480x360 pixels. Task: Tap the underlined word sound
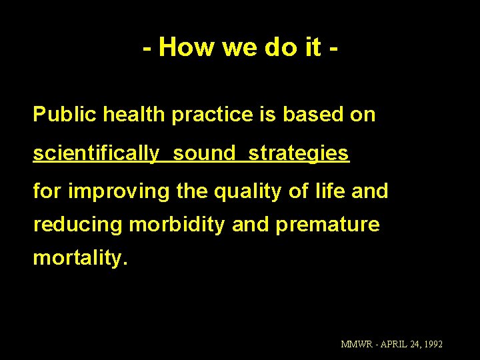pos(205,153)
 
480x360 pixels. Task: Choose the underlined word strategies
pos(299,153)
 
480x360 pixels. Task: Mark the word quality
pos(251,192)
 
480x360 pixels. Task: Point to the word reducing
pos(78,225)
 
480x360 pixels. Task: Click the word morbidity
pos(178,225)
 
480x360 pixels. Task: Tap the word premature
pos(327,225)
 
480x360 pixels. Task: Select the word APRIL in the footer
pos(393,345)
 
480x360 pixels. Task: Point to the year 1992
pos(432,345)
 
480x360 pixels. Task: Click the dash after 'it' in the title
pos(333,48)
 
